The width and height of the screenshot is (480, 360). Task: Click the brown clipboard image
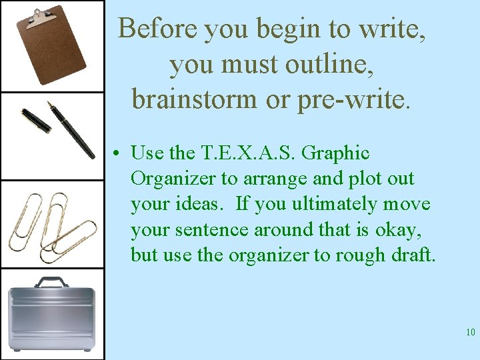pos(52,47)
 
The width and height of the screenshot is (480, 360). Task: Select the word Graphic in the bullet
pos(335,153)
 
